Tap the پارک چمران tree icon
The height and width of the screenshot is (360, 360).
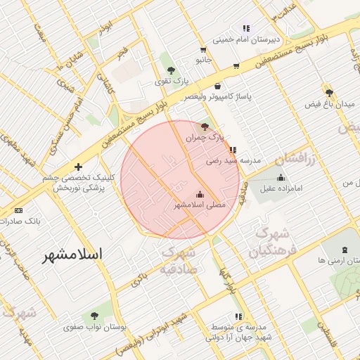click(x=205, y=127)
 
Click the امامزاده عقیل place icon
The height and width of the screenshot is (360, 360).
click(x=281, y=177)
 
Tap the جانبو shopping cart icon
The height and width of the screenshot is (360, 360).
click(x=203, y=50)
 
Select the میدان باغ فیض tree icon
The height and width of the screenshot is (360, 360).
click(x=329, y=92)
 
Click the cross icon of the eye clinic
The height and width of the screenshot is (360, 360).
click(x=78, y=167)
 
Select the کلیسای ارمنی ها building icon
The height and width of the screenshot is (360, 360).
click(x=345, y=250)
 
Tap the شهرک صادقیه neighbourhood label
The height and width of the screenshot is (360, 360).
click(x=177, y=260)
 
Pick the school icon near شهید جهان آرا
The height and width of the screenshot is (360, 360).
click(x=238, y=316)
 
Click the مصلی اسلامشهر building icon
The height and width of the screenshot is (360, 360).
click(x=200, y=194)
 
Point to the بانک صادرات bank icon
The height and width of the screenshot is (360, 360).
click(x=18, y=210)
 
